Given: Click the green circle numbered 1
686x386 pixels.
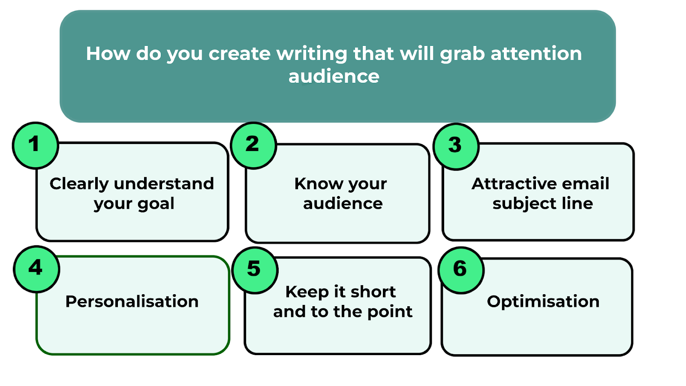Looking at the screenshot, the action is pos(36,145).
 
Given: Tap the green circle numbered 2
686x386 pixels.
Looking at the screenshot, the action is pos(253,145).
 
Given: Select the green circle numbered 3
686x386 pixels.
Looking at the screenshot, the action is pos(456,146).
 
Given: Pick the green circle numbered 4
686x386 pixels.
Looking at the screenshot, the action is pos(36,269).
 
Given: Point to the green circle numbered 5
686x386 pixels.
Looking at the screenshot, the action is pos(255,270).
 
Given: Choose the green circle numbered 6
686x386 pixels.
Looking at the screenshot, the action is pos(461,270).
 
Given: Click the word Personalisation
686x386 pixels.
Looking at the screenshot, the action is pos(132,302).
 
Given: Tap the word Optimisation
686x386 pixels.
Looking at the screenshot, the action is pos(543,302).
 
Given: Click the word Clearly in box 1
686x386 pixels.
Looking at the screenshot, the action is pos(79,184).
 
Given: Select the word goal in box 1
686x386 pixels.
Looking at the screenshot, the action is pos(156,204).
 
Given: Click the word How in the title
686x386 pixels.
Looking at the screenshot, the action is pos(108,54).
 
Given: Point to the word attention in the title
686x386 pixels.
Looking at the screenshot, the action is pos(536,54).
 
